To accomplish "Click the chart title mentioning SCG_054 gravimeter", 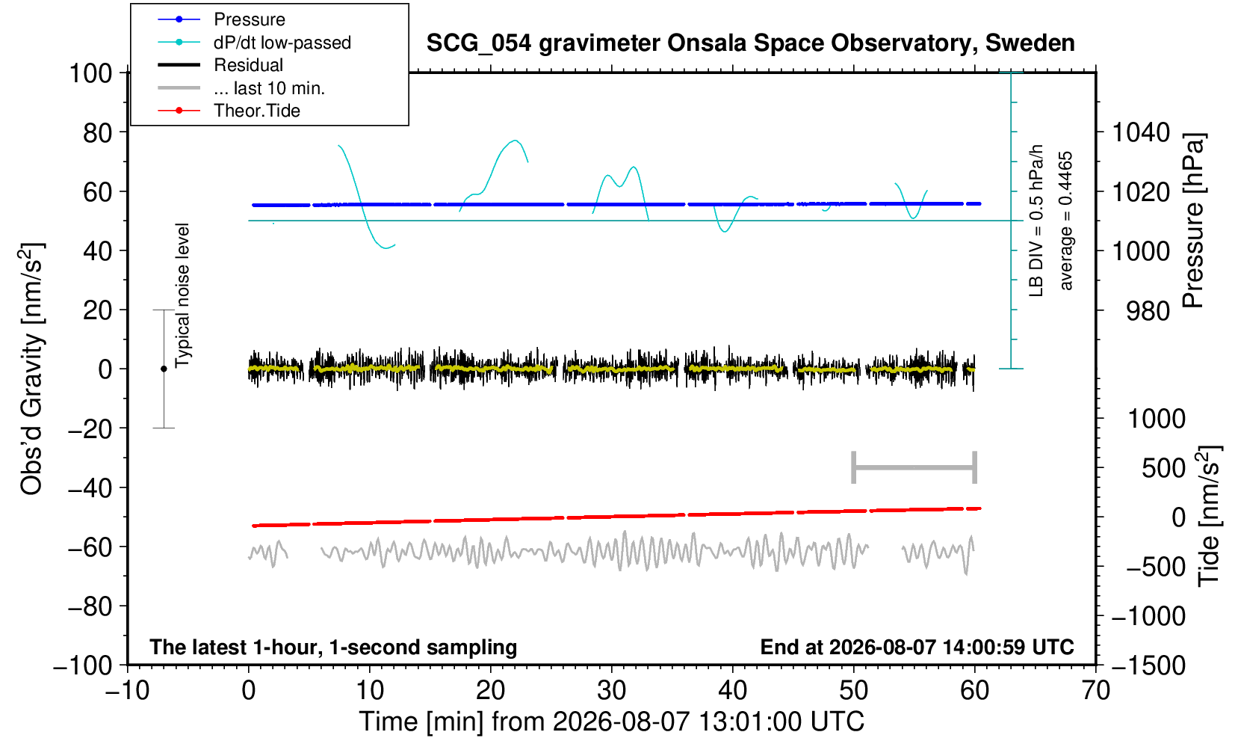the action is (x=750, y=43).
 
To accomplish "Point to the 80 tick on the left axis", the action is (x=97, y=133).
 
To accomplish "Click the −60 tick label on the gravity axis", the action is (x=90, y=547).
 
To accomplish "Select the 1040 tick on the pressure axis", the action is (x=1141, y=132).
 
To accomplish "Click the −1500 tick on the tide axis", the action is (x=1148, y=665).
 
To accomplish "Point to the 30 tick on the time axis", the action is (x=611, y=691).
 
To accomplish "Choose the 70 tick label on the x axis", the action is (x=1095, y=691).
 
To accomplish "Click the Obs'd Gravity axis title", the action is (x=31, y=369).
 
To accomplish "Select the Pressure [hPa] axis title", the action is (x=1192, y=221).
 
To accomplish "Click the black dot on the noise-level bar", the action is (x=164, y=369).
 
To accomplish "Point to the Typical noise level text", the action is (x=182, y=295).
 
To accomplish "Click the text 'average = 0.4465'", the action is (x=1065, y=221).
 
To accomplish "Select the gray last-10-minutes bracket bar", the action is (x=914, y=467).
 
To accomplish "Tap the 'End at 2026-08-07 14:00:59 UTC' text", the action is (x=917, y=647).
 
